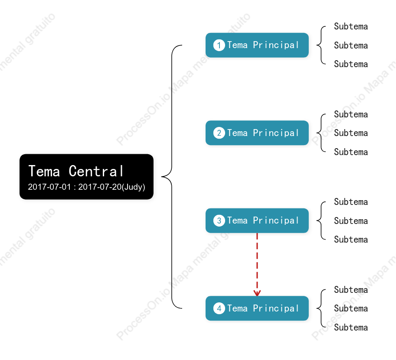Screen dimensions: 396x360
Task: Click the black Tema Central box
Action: [86, 177]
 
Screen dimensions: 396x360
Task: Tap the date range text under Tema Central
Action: [86, 187]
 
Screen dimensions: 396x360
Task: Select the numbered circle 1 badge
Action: [219, 45]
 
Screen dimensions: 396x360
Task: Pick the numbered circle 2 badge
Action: [219, 133]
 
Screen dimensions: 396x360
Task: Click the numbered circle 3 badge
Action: [219, 221]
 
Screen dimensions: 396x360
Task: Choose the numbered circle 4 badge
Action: [219, 308]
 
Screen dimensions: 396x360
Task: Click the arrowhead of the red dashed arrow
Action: [257, 293]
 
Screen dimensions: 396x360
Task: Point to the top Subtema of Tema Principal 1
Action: [351, 26]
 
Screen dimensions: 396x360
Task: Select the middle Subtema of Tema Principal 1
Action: [351, 45]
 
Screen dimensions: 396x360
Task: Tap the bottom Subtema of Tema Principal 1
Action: [351, 64]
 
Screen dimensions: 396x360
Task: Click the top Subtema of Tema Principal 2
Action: [351, 114]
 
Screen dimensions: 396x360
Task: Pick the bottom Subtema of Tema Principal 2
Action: [351, 152]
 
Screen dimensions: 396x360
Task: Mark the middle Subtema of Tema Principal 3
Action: [351, 221]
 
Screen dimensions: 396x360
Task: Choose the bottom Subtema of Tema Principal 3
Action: [351, 240]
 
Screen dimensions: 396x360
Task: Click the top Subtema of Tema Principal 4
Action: [351, 290]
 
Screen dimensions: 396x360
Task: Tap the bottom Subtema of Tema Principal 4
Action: [351, 328]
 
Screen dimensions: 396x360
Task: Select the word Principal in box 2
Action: [276, 133]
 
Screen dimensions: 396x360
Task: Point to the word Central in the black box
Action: [96, 171]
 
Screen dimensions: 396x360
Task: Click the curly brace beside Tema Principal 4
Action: [321, 308]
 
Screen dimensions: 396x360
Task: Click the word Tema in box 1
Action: [237, 45]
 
